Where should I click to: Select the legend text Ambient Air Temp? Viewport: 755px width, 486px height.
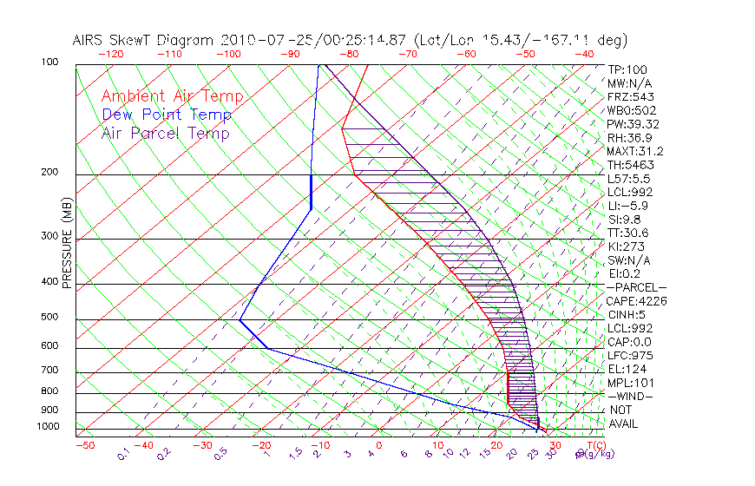(172, 96)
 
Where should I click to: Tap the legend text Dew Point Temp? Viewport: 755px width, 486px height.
(167, 115)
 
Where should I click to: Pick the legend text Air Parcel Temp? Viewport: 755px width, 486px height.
(165, 133)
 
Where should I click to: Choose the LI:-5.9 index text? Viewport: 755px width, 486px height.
(627, 206)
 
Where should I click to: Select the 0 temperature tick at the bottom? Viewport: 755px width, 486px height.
(379, 445)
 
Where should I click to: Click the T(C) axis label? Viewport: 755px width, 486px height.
(585, 445)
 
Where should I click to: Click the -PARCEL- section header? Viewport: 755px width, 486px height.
(636, 287)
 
